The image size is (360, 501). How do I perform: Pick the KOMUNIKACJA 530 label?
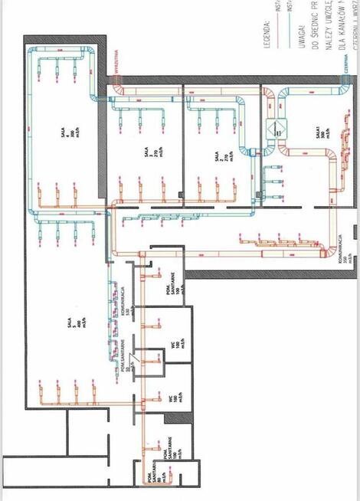click(123, 300)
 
